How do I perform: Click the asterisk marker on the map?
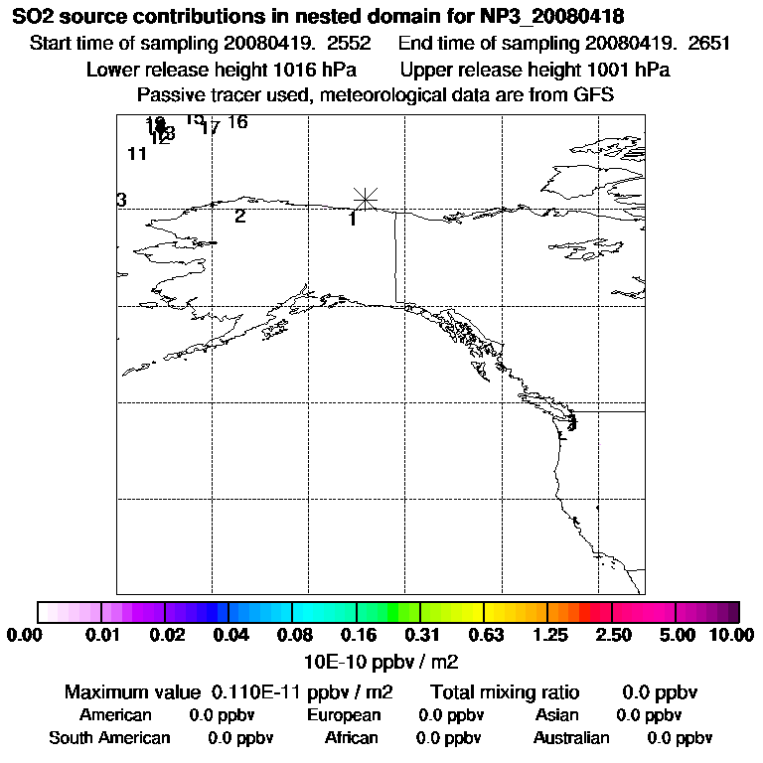point(366,199)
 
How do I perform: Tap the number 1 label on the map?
point(353,219)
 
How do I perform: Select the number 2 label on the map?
point(239,216)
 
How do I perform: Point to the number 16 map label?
point(236,122)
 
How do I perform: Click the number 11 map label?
point(137,154)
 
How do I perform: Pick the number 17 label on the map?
point(210,128)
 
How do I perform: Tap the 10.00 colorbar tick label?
point(733,636)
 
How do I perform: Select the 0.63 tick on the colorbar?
point(485,636)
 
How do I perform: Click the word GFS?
point(594,95)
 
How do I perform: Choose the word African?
point(351,737)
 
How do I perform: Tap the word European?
point(344,714)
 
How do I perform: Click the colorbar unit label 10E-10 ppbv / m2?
point(381,661)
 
